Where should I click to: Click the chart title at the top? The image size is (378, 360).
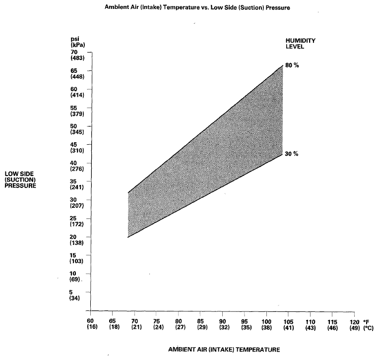coord(197,8)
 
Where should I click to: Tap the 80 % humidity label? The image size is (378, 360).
coord(292,66)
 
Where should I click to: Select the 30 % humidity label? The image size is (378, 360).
coord(292,154)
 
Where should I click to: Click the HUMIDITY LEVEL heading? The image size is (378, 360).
coord(300,44)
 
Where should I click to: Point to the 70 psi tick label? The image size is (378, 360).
coord(74,52)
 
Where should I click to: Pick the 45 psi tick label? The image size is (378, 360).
coord(74,144)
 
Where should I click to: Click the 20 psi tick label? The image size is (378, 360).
coord(74,237)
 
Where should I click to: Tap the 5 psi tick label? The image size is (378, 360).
coord(71,292)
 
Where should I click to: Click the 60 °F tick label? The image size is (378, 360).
coord(91,321)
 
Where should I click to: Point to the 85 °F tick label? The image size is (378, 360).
coord(200,321)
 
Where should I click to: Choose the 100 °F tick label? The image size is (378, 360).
coord(266,321)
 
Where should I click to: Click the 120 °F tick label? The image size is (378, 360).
coord(354,321)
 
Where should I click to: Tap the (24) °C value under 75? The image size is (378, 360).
coord(157,327)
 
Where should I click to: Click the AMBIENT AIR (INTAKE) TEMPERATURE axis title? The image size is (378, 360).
coord(224,349)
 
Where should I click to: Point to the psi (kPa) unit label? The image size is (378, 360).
coord(76,42)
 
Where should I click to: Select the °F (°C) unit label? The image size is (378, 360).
coord(367,324)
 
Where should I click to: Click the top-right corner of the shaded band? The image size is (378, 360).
coord(282,65)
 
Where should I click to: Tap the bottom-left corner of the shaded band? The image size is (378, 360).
coord(128,238)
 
